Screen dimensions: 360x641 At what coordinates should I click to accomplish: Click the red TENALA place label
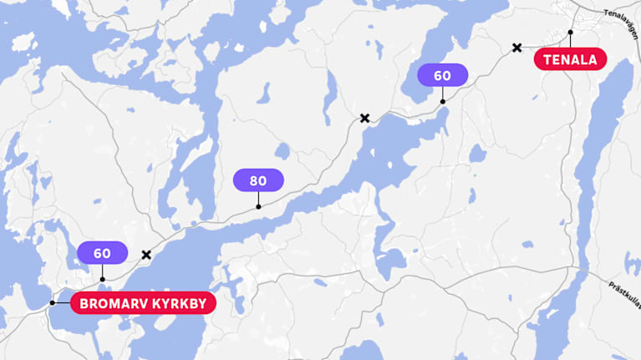[x=571, y=59]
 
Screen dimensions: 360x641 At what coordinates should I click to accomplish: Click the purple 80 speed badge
[x=258, y=180]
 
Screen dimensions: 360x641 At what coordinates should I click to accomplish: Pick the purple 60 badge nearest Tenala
[x=442, y=75]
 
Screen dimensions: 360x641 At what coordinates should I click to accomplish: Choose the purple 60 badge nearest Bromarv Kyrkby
[x=102, y=253]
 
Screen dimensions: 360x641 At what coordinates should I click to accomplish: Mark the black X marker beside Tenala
[x=517, y=48]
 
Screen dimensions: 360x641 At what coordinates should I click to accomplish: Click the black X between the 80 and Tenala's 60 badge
[x=364, y=118]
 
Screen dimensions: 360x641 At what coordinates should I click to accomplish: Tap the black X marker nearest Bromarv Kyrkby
[x=146, y=254]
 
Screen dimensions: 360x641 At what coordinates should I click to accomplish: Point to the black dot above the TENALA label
[x=571, y=33]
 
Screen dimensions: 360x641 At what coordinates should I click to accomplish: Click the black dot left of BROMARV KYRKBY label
[x=52, y=302]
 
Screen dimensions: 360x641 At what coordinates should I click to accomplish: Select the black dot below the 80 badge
[x=258, y=206]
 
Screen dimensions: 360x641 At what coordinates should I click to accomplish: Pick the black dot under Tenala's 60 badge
[x=442, y=102]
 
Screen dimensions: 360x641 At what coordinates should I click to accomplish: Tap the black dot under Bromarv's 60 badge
[x=102, y=279]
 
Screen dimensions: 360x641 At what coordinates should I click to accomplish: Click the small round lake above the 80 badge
[x=282, y=151]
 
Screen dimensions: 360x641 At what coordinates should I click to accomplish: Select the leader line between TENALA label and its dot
[x=571, y=41]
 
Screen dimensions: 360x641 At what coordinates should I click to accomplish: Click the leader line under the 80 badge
[x=258, y=199]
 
